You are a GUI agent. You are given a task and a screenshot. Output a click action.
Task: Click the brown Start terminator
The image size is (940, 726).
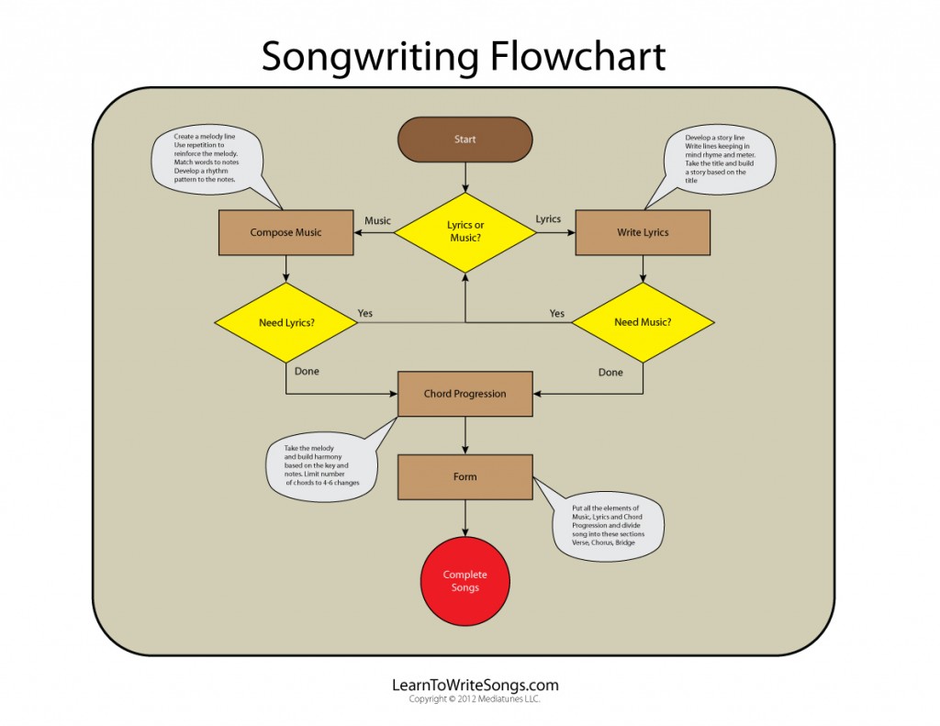click(x=464, y=140)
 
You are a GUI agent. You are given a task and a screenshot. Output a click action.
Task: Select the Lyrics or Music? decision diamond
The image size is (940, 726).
click(x=464, y=232)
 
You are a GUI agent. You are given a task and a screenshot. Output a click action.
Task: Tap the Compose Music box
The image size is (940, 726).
click(x=286, y=232)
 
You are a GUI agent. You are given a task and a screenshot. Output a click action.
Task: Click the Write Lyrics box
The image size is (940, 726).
click(x=643, y=232)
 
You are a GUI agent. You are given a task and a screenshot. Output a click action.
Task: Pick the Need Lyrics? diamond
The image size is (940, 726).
click(x=285, y=322)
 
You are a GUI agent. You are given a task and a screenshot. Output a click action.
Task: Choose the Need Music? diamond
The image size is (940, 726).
click(x=643, y=322)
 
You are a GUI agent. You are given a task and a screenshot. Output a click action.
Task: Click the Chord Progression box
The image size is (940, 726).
click(x=464, y=394)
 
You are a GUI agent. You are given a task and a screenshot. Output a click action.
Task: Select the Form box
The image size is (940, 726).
click(x=464, y=477)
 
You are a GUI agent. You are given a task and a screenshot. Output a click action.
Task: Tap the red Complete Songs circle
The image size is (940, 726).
click(x=464, y=581)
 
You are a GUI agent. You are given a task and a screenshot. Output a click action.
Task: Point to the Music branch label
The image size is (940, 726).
click(x=377, y=220)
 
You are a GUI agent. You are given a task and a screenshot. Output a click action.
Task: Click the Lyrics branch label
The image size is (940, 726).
click(x=548, y=219)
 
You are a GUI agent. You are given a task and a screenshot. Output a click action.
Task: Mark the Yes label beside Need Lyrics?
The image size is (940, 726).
click(x=364, y=313)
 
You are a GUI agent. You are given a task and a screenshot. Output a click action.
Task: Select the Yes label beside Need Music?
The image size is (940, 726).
click(x=556, y=313)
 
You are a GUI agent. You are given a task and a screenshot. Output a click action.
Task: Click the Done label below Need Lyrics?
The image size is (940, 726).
click(x=308, y=372)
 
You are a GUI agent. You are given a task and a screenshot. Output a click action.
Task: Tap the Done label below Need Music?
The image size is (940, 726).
click(x=610, y=373)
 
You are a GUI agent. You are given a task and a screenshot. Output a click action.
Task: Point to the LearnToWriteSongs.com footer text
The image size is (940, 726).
click(x=475, y=685)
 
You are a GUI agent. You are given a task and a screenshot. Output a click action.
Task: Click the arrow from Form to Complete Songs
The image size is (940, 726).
click(x=465, y=519)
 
